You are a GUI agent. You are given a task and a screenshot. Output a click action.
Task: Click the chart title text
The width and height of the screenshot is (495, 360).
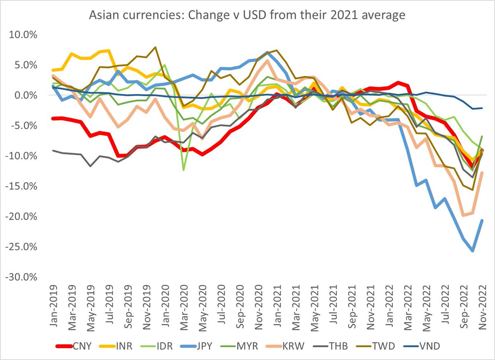(247, 16)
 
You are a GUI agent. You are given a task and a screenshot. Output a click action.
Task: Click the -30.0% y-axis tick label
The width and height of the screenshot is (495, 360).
(21, 277)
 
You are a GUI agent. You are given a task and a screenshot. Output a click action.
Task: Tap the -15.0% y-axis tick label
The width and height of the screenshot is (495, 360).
(21, 186)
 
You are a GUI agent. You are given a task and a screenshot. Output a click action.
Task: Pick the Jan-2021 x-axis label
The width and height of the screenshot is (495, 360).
(277, 306)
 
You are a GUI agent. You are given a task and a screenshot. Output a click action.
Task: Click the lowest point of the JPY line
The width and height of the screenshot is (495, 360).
(472, 251)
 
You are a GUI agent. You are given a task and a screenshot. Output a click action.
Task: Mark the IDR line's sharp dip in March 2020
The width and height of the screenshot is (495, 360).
(184, 170)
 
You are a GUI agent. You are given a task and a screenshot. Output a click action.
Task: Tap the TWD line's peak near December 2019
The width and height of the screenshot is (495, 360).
(155, 47)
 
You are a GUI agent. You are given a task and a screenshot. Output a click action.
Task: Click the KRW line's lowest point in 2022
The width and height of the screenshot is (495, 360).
(463, 215)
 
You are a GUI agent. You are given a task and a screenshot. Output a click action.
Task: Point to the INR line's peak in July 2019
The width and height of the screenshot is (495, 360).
(108, 50)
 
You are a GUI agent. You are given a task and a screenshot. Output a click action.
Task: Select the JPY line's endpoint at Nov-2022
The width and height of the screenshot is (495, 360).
(481, 220)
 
